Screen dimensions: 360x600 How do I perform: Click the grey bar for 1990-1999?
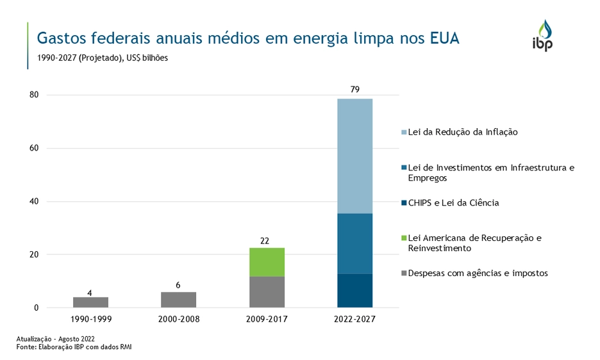point(90,302)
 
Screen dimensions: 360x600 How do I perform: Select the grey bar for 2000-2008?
point(178,300)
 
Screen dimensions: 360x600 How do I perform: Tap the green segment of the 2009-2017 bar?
point(267,262)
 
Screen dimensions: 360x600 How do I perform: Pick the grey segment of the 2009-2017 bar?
point(267,292)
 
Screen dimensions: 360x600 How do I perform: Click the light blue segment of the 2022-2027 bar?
point(354,156)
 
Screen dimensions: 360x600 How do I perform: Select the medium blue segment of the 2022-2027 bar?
point(354,243)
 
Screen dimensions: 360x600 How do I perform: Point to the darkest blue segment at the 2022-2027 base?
point(354,291)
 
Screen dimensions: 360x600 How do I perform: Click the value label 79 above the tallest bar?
point(354,90)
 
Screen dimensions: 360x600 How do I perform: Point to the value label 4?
point(90,293)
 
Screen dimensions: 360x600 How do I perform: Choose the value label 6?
point(178,285)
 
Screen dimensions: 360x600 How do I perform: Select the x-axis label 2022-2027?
point(354,319)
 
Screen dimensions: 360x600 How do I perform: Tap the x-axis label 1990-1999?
point(90,319)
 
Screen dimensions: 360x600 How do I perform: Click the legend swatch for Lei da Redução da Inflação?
point(404,133)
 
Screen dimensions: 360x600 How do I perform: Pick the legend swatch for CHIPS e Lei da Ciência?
point(404,203)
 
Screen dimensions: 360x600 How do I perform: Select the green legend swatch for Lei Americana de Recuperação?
point(404,238)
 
